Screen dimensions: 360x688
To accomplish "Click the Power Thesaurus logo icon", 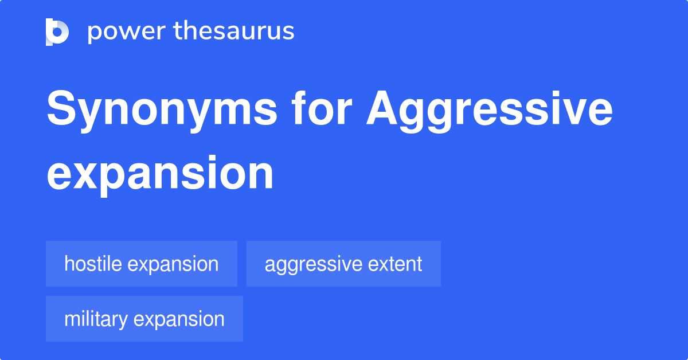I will (57, 32).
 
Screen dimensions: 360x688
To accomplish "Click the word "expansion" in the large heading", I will (160, 174).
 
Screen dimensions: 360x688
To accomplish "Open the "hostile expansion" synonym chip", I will (142, 264).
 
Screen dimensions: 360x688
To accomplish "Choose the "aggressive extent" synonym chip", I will (343, 264).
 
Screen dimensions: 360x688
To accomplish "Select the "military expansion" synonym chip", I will (144, 319).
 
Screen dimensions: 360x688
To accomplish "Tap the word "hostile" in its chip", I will (93, 264).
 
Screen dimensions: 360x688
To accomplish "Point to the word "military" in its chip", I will (95, 319).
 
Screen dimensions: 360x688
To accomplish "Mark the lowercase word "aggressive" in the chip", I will (313, 264).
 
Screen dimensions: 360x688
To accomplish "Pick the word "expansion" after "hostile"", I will (173, 264).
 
